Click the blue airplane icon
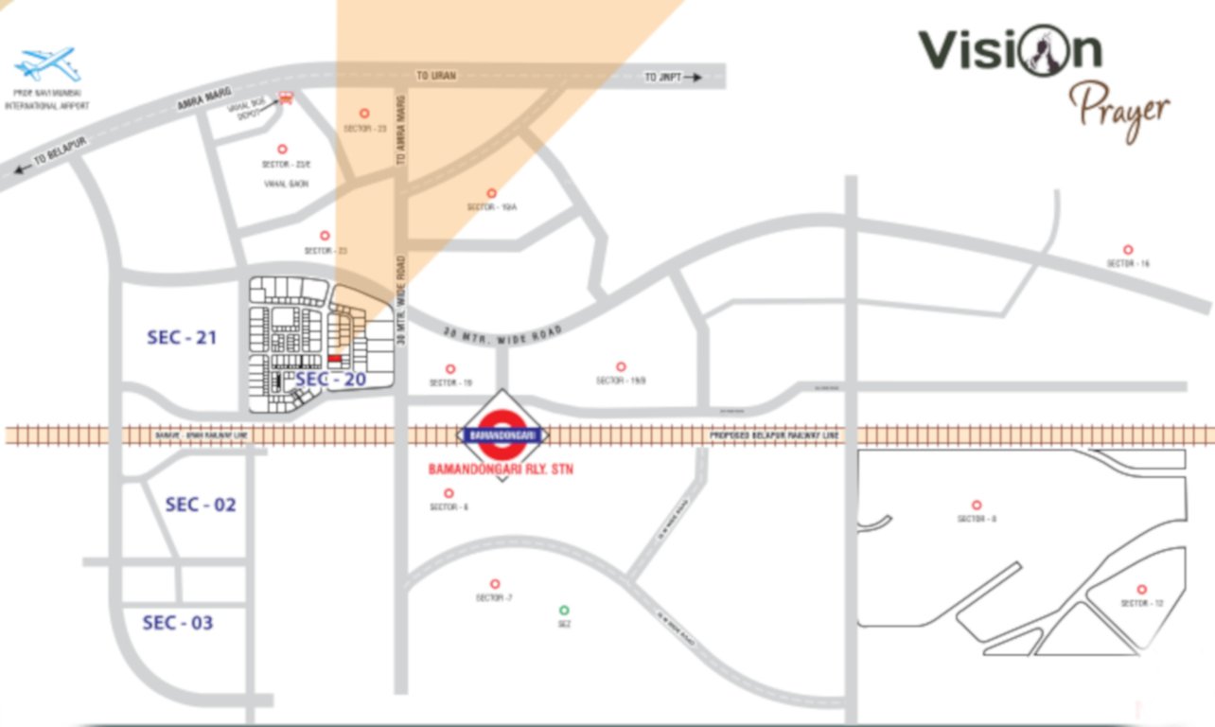[46, 64]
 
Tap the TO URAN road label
[436, 76]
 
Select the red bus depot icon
[287, 97]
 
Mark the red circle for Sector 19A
[491, 193]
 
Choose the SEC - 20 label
[330, 380]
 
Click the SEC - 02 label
[201, 505]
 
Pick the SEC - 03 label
[178, 623]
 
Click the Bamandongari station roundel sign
[503, 434]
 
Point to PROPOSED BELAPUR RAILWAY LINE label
[775, 435]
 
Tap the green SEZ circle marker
[565, 611]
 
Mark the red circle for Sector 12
[1141, 589]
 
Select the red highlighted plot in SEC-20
[335, 360]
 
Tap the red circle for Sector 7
[494, 584]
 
